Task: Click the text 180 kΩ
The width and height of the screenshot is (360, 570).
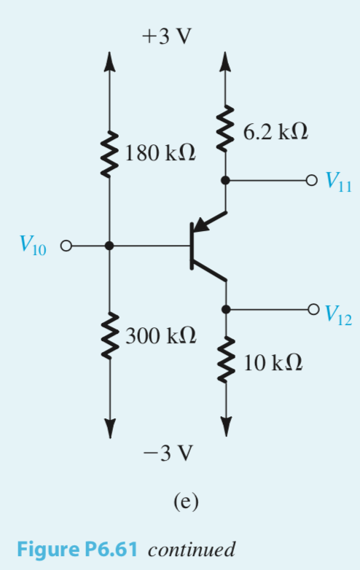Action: click(159, 155)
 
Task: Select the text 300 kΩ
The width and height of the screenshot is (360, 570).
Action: click(160, 336)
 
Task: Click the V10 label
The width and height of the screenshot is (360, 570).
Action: click(30, 246)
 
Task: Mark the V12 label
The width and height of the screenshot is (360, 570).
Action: click(339, 313)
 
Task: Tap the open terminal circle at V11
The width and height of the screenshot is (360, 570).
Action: click(312, 179)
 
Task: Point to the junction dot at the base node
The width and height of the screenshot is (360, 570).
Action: click(109, 246)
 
